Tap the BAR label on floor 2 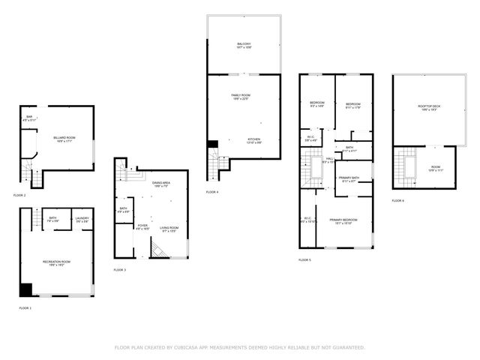29,117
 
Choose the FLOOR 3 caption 120,270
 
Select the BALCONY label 244,45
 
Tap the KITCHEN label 255,139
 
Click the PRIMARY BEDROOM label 343,220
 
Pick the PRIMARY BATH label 349,178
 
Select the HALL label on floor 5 328,159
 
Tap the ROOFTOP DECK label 430,106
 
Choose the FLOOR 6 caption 397,201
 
